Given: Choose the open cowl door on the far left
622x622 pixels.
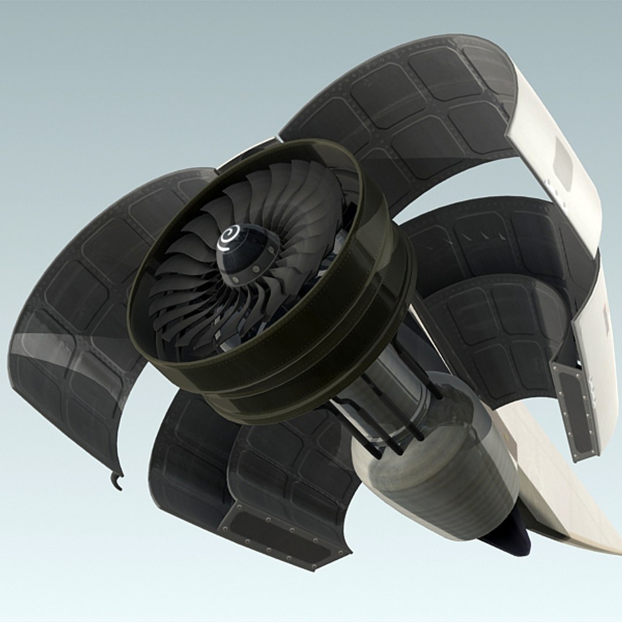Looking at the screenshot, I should pos(75,323).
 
